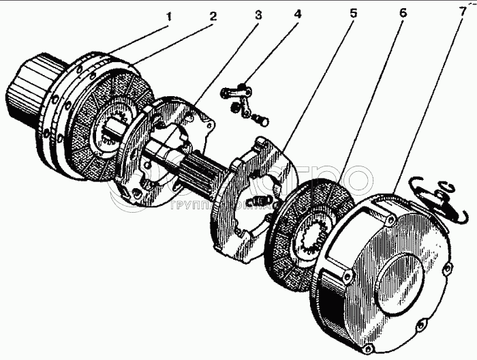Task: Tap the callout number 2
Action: [x=213, y=15]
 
